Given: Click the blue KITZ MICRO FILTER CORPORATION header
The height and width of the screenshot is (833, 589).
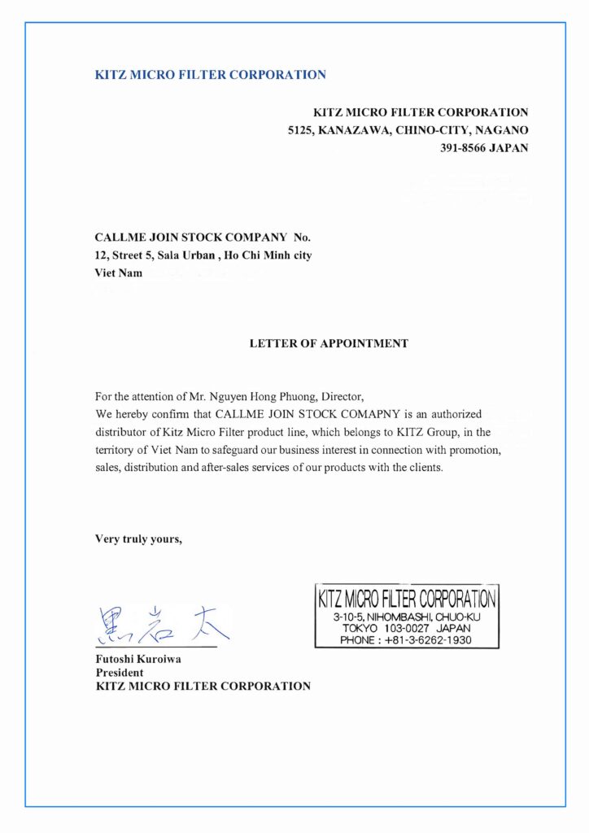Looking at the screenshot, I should click(211, 75).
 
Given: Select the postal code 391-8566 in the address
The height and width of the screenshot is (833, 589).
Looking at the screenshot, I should click(463, 148).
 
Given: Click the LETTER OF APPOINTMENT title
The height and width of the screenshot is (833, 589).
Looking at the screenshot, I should click(329, 343).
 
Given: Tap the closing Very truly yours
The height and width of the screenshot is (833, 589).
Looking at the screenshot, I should click(139, 538).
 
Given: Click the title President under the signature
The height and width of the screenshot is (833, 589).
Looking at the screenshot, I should click(120, 673).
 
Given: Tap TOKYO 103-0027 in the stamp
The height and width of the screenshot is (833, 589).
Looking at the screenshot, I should click(382, 629).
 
